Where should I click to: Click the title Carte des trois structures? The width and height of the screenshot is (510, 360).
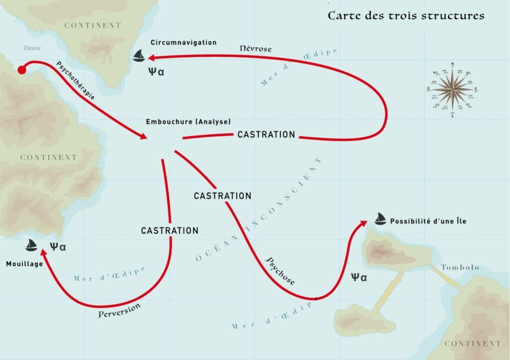pyautogui.click(x=405, y=16)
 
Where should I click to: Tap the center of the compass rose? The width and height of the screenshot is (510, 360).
pyautogui.click(x=452, y=89)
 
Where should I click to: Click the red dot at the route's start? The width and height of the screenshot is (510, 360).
pyautogui.click(x=21, y=70)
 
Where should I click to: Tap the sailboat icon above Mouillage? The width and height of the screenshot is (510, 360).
pyautogui.click(x=32, y=245)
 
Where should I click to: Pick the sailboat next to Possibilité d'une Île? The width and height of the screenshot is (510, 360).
pyautogui.click(x=380, y=219)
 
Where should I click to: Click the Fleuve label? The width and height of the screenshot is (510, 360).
pyautogui.click(x=32, y=48)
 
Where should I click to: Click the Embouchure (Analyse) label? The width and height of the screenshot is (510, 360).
pyautogui.click(x=188, y=121)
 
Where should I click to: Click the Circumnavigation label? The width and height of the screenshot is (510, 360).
pyautogui.click(x=183, y=43)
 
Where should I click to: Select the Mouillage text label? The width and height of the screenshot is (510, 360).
pyautogui.click(x=24, y=263)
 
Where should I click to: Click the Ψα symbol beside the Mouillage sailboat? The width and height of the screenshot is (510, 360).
pyautogui.click(x=58, y=246)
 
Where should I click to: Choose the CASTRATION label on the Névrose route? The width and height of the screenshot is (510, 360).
pyautogui.click(x=266, y=134)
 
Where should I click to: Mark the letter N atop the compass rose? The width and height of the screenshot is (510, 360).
pyautogui.click(x=452, y=64)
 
